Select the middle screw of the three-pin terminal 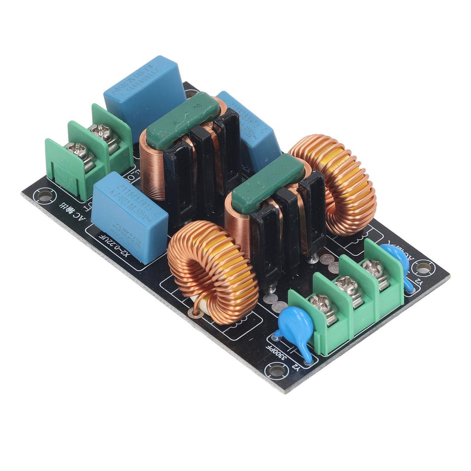tap(348, 286)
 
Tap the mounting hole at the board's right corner tap(423, 267)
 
